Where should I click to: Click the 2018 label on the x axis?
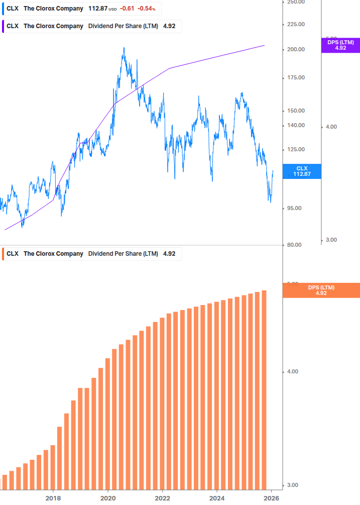point(53,498)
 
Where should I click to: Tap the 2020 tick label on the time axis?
point(108,498)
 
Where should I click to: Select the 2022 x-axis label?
point(163,498)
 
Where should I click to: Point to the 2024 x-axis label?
point(217,498)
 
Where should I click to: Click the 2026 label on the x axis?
point(272,498)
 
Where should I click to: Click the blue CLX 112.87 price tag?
point(302,171)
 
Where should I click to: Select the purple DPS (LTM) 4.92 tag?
point(340,45)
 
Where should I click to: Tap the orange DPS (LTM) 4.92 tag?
point(321,290)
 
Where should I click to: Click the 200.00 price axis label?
point(296,50)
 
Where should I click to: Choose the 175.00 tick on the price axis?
point(296,78)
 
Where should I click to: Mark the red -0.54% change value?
point(147,9)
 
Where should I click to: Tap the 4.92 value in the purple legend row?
point(169,26)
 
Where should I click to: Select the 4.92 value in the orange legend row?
point(169,254)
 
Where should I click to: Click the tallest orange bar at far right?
point(264,389)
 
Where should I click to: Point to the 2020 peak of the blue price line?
point(124,49)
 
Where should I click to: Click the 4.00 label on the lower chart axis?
point(292,372)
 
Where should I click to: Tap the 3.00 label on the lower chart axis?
point(292,485)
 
